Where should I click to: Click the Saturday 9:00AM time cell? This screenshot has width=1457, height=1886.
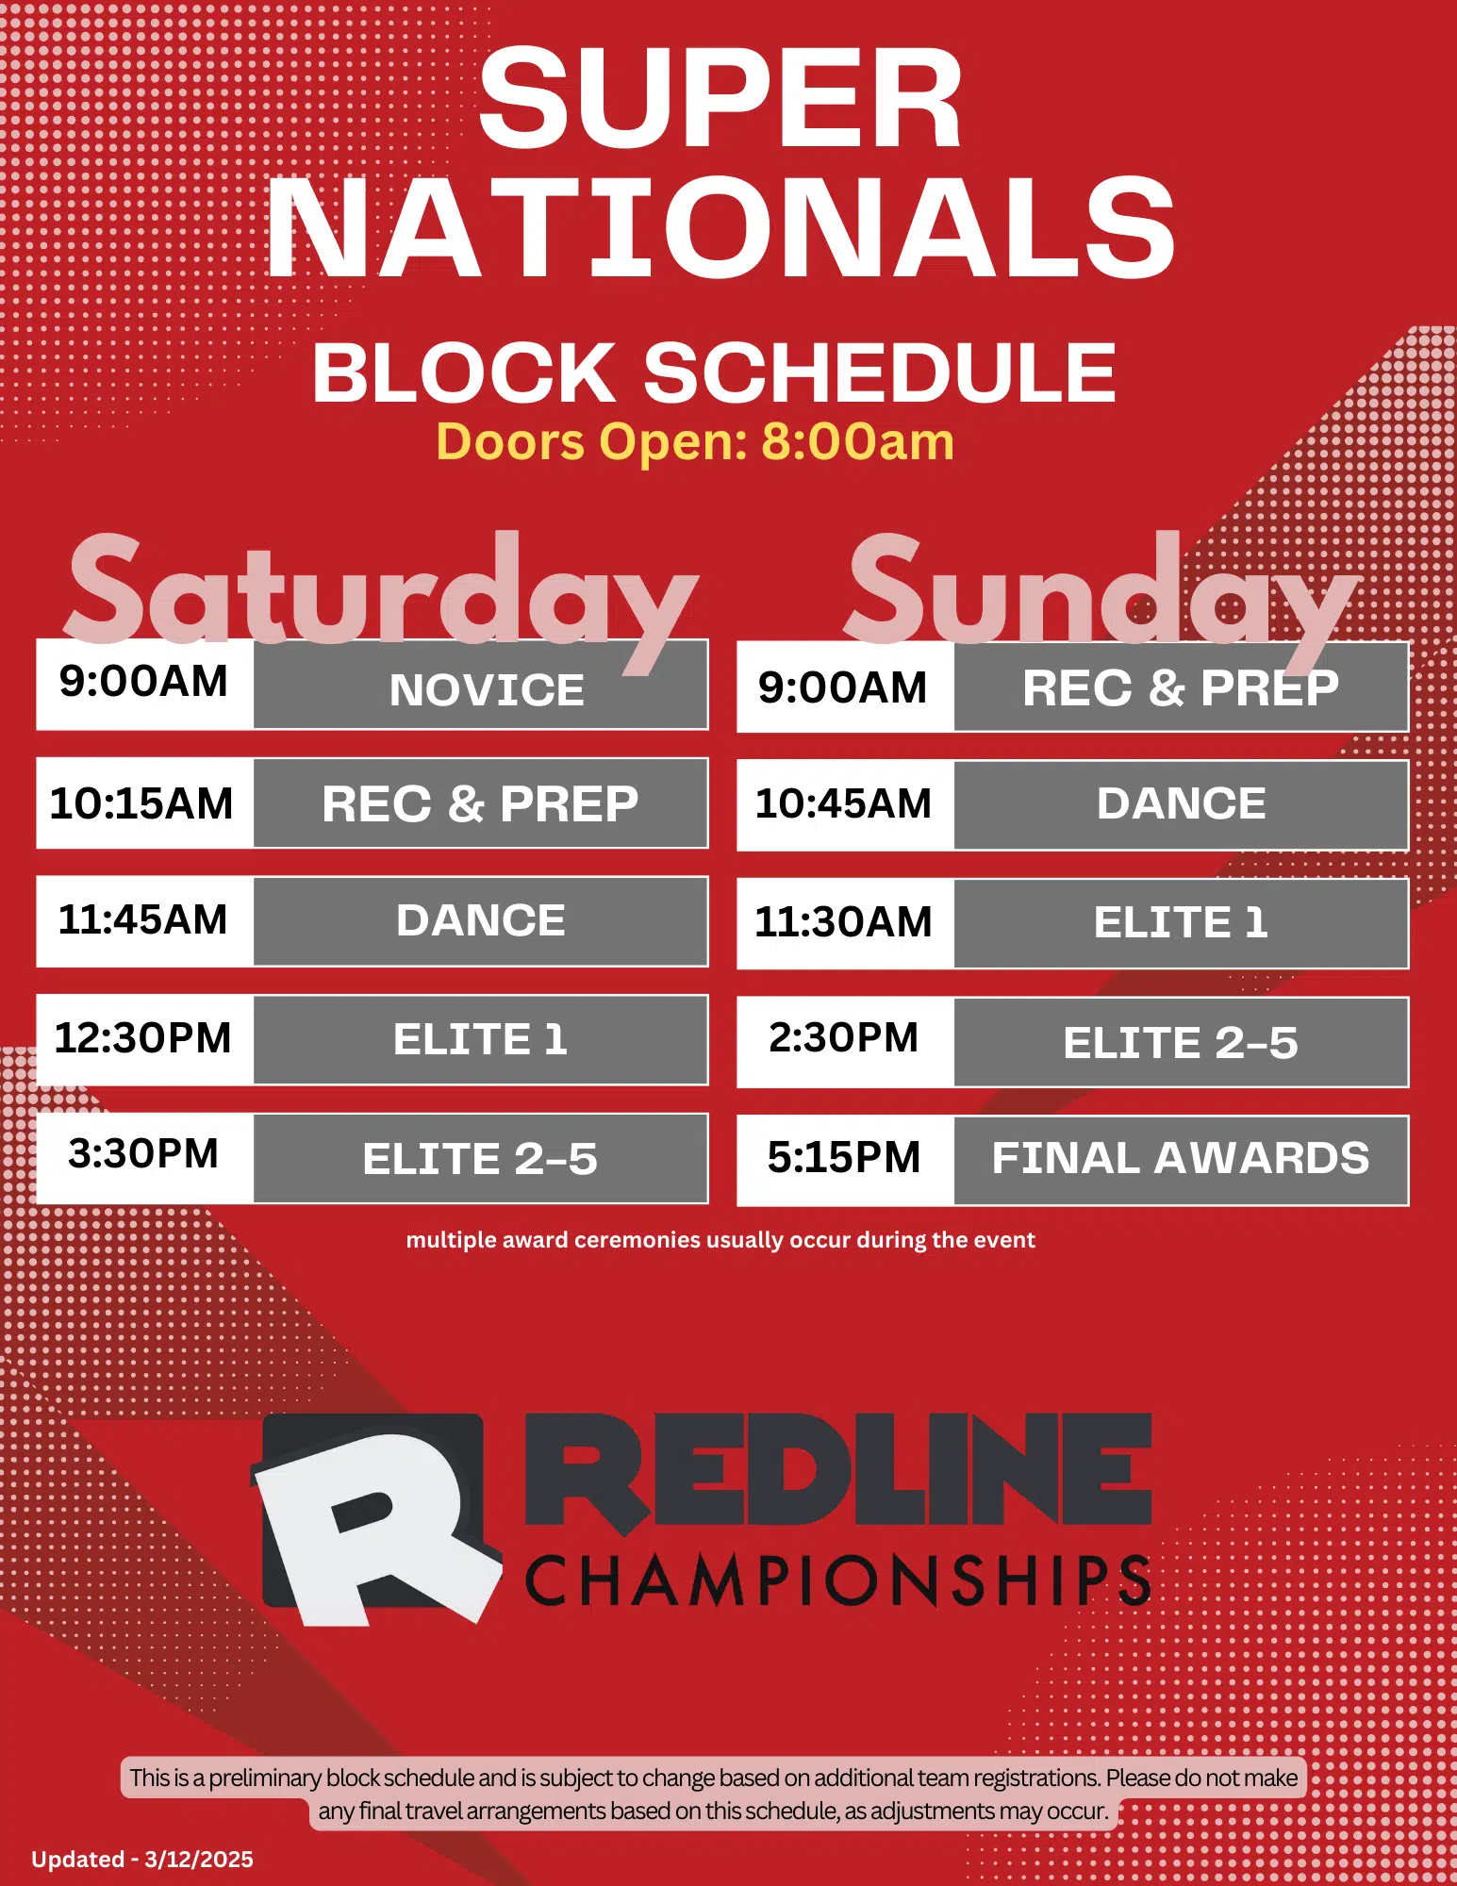click(x=145, y=684)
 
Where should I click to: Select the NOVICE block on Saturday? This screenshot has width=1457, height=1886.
click(x=481, y=684)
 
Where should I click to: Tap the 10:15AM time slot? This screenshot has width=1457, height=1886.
click(x=145, y=802)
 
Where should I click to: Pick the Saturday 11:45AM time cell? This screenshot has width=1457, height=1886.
click(x=145, y=921)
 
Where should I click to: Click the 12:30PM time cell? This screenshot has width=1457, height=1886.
click(x=145, y=1039)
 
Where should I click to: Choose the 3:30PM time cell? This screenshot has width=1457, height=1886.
click(x=145, y=1158)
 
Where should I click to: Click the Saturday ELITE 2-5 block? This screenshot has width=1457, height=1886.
click(x=481, y=1158)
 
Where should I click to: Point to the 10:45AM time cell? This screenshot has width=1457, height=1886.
click(x=846, y=805)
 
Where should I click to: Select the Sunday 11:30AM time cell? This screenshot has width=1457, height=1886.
click(x=846, y=923)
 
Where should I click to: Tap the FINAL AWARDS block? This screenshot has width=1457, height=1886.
click(x=1182, y=1160)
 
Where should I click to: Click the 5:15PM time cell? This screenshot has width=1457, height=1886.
click(x=846, y=1160)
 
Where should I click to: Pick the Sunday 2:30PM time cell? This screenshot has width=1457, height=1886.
click(x=846, y=1042)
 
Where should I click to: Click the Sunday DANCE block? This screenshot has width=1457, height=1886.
click(x=1182, y=805)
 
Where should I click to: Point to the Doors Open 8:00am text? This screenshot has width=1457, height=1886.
click(x=695, y=441)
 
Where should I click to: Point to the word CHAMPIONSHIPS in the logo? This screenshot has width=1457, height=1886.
click(x=837, y=1580)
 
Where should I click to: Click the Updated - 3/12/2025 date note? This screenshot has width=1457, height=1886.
click(x=142, y=1859)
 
